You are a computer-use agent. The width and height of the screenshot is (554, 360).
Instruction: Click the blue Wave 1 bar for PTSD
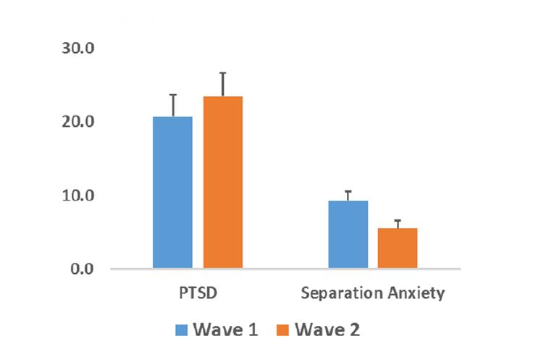172,192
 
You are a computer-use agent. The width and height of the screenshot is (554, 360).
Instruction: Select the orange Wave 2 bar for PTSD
222,182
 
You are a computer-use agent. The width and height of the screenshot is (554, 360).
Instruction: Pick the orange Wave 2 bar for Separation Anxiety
398,248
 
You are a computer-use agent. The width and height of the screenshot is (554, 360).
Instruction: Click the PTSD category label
198,295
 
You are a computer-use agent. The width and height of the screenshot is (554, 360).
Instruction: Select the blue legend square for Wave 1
183,330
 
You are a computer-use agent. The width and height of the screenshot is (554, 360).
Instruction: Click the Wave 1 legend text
227,330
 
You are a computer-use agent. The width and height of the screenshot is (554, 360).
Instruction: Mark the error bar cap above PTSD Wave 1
173,95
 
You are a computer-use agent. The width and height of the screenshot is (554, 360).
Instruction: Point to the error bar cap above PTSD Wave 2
223,73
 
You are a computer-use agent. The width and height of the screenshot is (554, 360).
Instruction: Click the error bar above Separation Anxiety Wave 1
348,195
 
